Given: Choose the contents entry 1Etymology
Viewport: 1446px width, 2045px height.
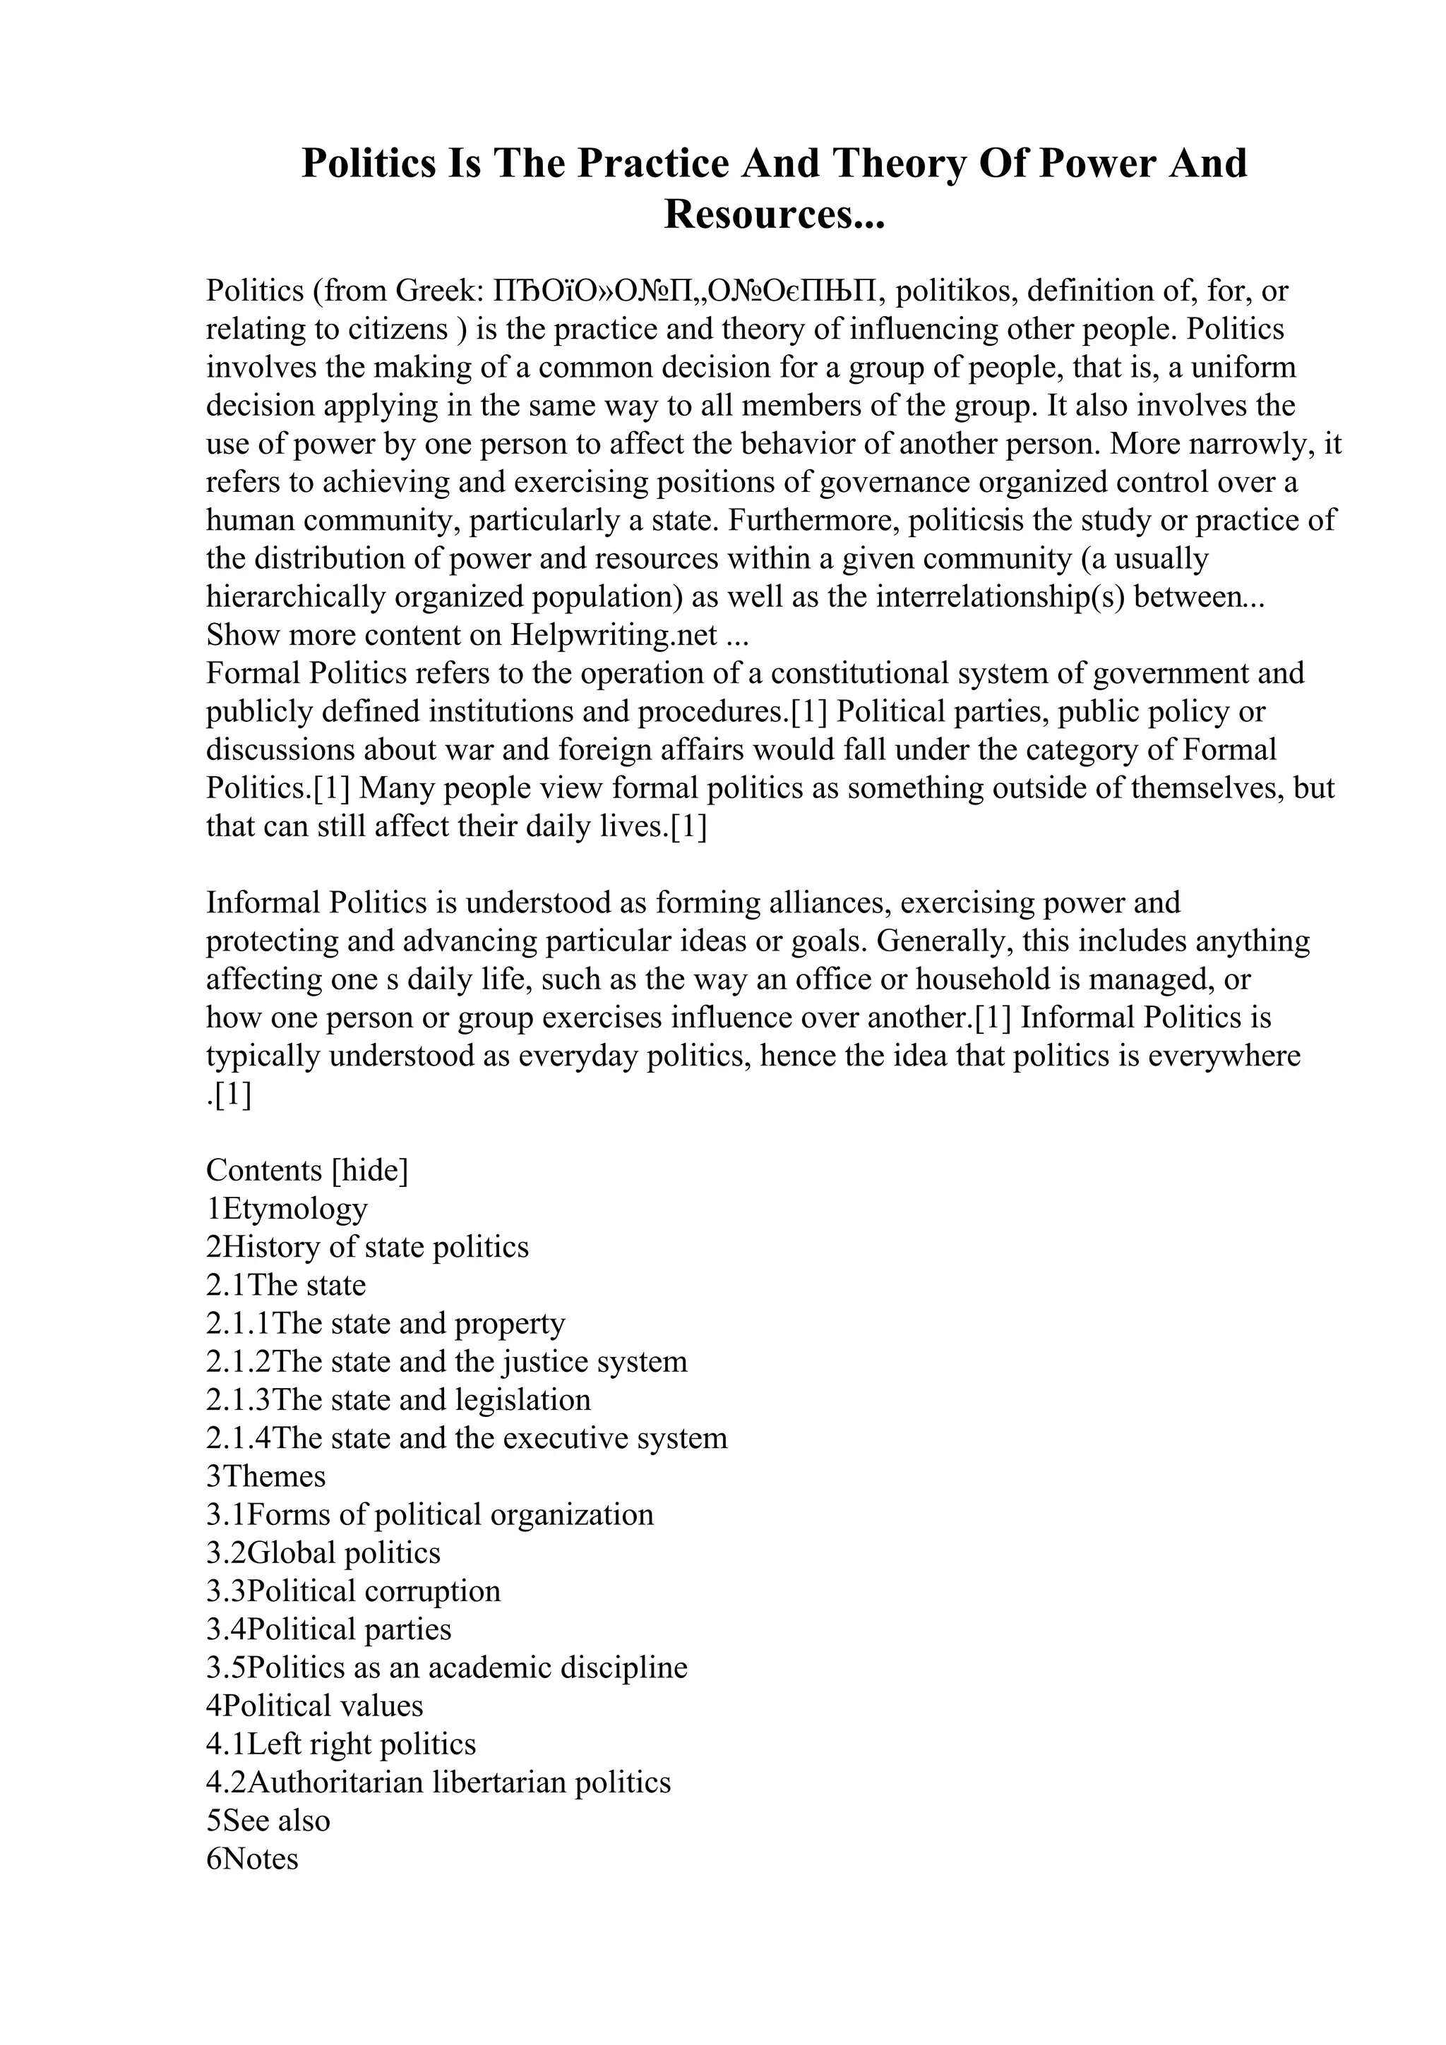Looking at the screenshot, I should click(x=286, y=1209).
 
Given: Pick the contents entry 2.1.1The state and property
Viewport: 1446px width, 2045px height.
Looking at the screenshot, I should click(x=385, y=1324).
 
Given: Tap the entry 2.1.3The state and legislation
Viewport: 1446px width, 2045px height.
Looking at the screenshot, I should click(x=398, y=1400).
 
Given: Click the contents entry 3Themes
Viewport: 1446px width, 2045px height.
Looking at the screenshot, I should click(x=265, y=1476).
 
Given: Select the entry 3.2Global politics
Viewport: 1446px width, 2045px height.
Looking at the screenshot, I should click(x=323, y=1552).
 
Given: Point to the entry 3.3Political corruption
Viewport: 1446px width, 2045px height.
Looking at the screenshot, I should click(x=353, y=1591).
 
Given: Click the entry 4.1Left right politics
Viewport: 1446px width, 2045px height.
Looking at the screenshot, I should click(x=340, y=1744).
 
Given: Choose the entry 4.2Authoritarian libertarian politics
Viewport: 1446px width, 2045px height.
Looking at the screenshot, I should click(x=438, y=1782).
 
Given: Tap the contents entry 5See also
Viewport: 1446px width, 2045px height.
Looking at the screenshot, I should click(x=268, y=1820).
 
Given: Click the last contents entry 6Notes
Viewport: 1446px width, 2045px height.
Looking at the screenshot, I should click(x=252, y=1858).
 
